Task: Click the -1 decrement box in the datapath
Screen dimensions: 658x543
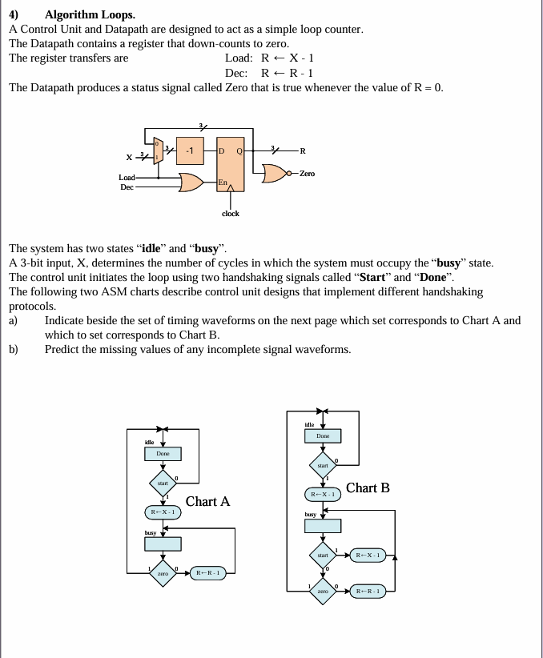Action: click(190, 150)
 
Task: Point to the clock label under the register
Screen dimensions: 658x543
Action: click(231, 214)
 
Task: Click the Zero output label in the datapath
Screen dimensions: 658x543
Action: click(306, 174)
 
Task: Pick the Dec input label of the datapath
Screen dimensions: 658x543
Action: click(126, 187)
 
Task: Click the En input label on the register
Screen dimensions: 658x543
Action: click(223, 183)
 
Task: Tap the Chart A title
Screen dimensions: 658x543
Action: click(207, 502)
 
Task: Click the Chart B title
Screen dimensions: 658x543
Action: click(368, 487)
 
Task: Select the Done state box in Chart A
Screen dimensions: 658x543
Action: click(163, 454)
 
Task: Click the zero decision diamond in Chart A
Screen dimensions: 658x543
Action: click(163, 573)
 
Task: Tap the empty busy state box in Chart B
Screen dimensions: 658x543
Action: click(323, 526)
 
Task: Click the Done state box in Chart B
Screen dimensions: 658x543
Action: click(323, 435)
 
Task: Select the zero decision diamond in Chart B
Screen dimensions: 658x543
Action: click(323, 591)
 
